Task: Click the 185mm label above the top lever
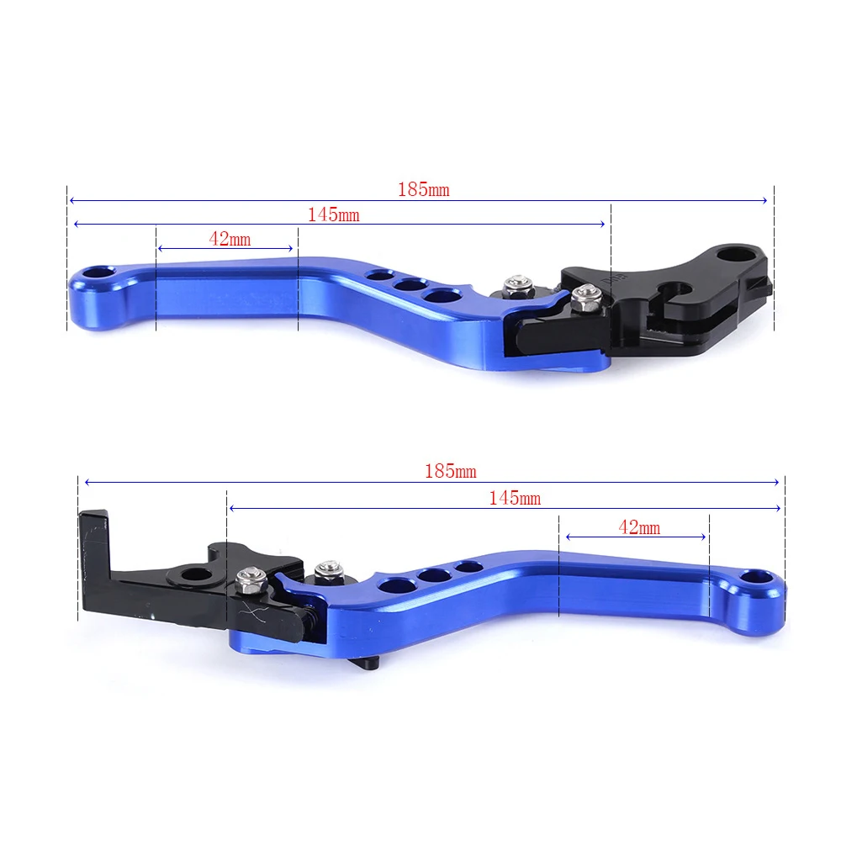423,190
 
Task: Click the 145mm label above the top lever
333,215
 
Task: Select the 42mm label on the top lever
230,240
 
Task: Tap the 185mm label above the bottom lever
450,472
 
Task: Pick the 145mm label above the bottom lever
515,499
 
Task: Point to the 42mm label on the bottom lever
639,528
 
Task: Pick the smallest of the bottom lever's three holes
468,567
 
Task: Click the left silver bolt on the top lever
517,288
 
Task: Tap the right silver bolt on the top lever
584,294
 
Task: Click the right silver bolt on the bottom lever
326,573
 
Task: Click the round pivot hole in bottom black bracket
194,575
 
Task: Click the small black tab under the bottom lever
371,662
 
